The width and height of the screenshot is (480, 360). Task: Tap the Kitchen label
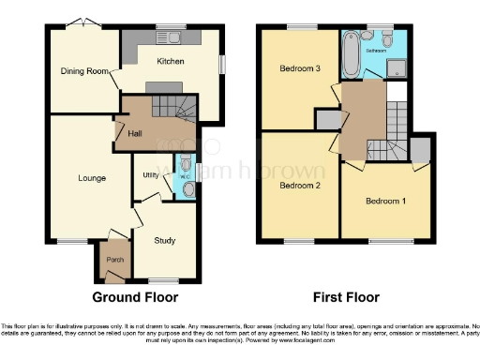coord(170,62)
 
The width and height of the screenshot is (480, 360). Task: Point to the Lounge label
coord(92,177)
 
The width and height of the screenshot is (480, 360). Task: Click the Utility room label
coord(149,175)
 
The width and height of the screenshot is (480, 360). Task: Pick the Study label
coord(164,241)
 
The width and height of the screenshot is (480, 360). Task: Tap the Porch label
coord(114,260)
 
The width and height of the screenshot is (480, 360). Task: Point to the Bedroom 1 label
coord(385,202)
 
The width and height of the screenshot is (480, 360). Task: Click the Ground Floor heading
coord(135,298)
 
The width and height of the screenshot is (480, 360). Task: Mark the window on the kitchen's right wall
coord(222,63)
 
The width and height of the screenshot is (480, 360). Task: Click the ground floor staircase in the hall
coord(183,110)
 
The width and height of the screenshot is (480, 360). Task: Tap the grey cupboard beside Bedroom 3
coord(328,119)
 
